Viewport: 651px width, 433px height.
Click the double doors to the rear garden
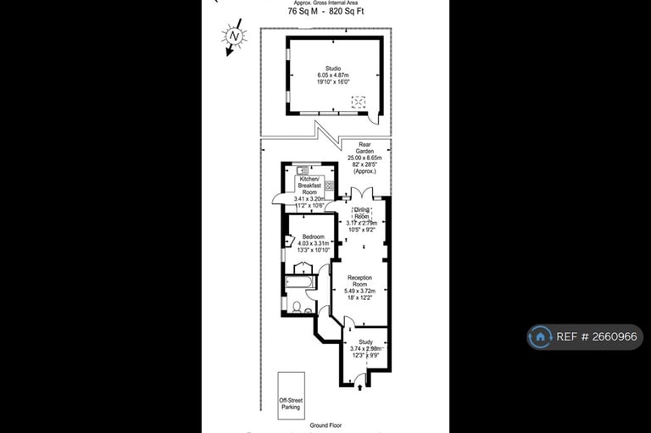pyautogui.click(x=362, y=193)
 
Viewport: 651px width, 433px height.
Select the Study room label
pyautogui.click(x=364, y=348)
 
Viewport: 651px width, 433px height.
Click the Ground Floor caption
pyautogui.click(x=325, y=424)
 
